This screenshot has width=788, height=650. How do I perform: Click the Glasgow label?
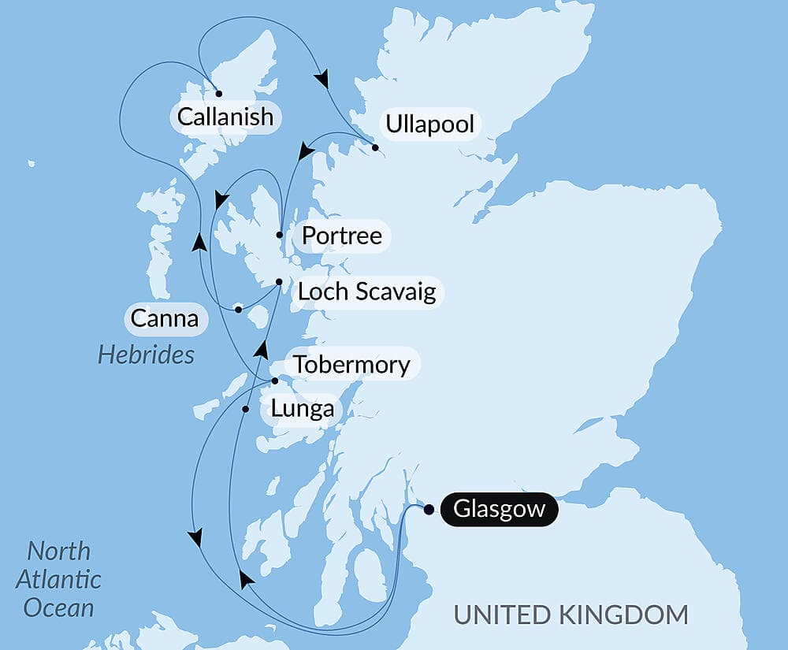tap(499, 509)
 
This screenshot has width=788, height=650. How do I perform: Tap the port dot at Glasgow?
tap(429, 509)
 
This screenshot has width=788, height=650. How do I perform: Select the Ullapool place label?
tap(429, 124)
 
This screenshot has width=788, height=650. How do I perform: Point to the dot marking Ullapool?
tap(375, 147)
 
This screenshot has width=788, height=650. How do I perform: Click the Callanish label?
tap(225, 117)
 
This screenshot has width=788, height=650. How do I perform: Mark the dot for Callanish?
tap(218, 93)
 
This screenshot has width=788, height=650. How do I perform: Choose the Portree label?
tap(342, 236)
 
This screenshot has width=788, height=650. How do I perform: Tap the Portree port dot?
tap(280, 235)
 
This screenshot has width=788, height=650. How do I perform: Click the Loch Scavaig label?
tap(366, 292)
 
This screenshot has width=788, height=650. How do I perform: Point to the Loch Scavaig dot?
tap(279, 282)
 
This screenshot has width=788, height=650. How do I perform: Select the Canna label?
tap(164, 319)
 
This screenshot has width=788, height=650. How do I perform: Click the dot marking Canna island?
tap(238, 309)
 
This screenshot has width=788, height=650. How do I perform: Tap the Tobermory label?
tap(351, 365)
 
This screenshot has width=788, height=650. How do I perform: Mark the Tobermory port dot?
tap(274, 381)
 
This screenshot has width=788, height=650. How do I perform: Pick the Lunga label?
tap(302, 410)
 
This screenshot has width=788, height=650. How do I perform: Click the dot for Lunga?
tap(246, 409)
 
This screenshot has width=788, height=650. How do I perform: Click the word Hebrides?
tap(146, 355)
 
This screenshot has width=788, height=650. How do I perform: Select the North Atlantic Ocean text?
tap(59, 579)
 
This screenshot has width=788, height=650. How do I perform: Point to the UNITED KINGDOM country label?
tap(571, 615)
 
